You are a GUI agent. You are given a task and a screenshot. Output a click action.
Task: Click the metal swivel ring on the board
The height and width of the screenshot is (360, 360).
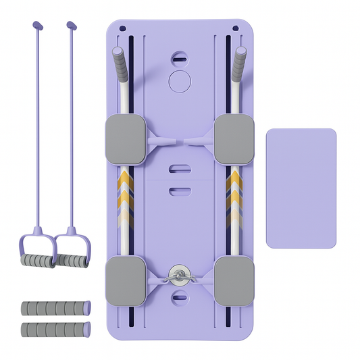click(x=178, y=273)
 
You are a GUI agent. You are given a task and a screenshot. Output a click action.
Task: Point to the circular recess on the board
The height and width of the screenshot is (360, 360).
click(x=179, y=82)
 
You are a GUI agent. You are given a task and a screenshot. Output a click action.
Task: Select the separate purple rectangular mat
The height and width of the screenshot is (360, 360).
click(x=301, y=187)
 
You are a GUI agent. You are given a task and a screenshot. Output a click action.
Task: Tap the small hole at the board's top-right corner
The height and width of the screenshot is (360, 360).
click(x=236, y=28)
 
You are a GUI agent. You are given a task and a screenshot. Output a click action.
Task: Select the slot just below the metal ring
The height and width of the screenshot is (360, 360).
click(x=178, y=296)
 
